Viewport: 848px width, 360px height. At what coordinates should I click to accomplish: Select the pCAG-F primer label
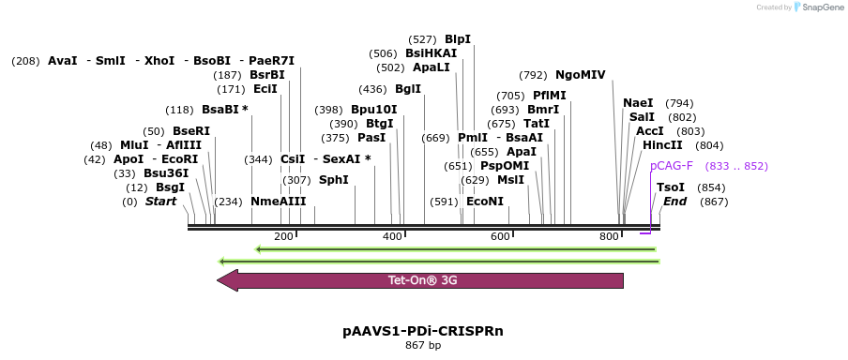[672, 166]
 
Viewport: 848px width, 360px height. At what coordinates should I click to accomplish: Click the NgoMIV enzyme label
[581, 75]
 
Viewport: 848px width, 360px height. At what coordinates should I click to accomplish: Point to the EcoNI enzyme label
[485, 202]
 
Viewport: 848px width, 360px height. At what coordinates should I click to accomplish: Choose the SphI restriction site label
[334, 180]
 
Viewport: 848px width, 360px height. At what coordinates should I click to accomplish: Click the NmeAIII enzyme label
[279, 202]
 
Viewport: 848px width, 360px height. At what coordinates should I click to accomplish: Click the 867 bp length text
[423, 346]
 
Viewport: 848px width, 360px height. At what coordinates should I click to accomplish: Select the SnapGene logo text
[821, 7]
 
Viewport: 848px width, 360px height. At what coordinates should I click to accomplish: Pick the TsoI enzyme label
[671, 187]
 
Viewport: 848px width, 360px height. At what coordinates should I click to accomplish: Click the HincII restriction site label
[662, 145]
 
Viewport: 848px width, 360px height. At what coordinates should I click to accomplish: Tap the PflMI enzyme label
[550, 96]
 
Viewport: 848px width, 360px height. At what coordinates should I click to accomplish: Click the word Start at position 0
[160, 202]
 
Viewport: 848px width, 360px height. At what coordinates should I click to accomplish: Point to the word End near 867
[675, 202]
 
